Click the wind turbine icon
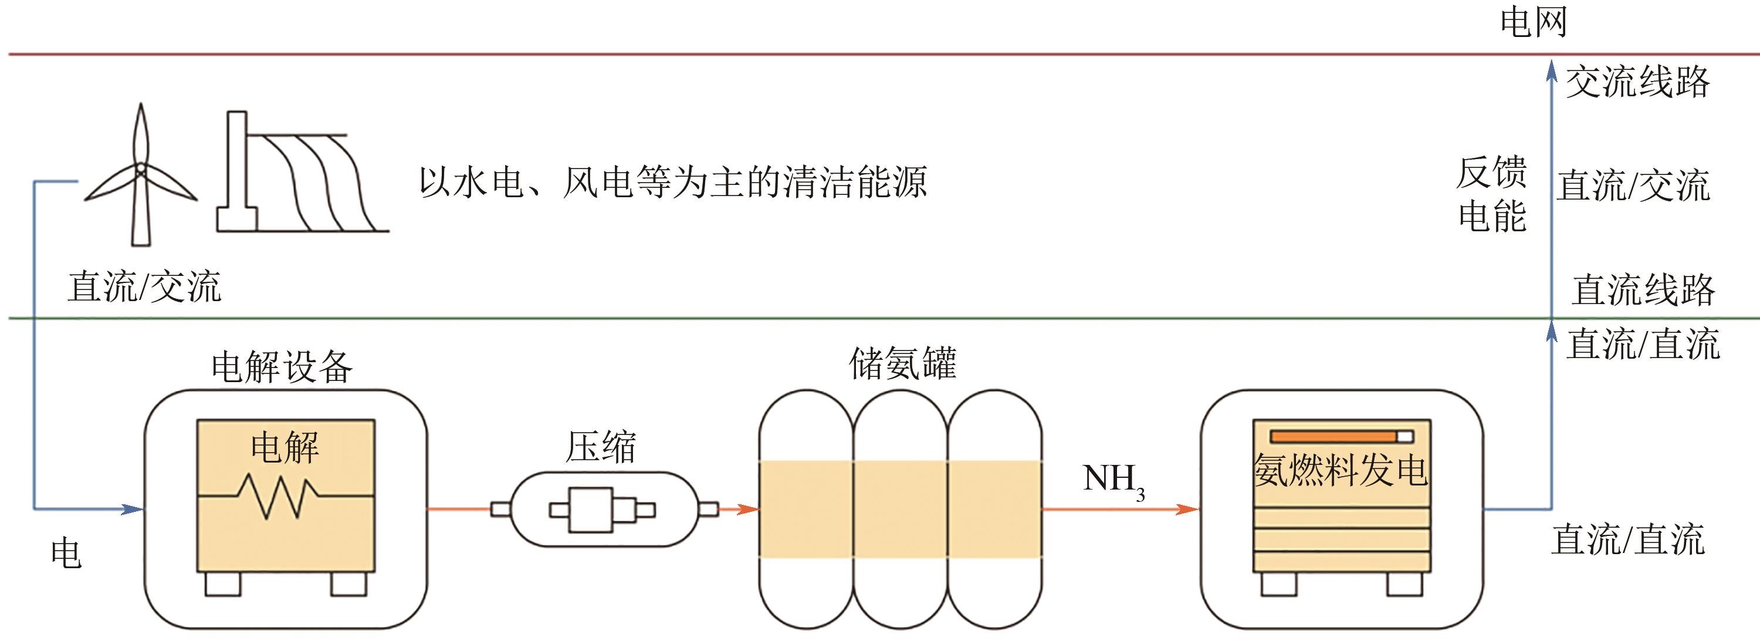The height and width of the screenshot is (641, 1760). coord(140,174)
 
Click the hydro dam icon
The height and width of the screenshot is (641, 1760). coord(300,174)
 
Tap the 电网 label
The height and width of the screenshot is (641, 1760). coord(1532,22)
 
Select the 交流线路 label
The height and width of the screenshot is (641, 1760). coord(1637,83)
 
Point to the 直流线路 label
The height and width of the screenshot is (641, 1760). coord(1643,291)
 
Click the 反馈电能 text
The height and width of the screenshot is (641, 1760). coord(1491,194)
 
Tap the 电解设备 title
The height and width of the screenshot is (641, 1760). coord(282,367)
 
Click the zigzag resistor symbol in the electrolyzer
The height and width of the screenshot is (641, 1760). coord(277,495)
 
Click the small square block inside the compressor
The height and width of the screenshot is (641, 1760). coord(592,510)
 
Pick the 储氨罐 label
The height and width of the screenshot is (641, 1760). coord(902,363)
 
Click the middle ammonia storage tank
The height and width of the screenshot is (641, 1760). coord(901,509)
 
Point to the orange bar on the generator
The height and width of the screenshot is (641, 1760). coord(1333,437)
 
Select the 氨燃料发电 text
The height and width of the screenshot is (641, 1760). coord(1341,471)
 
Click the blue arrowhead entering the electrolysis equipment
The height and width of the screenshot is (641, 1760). coord(133,509)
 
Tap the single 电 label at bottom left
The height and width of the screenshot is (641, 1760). coord(66,553)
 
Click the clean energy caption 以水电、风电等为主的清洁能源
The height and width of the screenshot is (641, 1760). coord(672,183)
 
